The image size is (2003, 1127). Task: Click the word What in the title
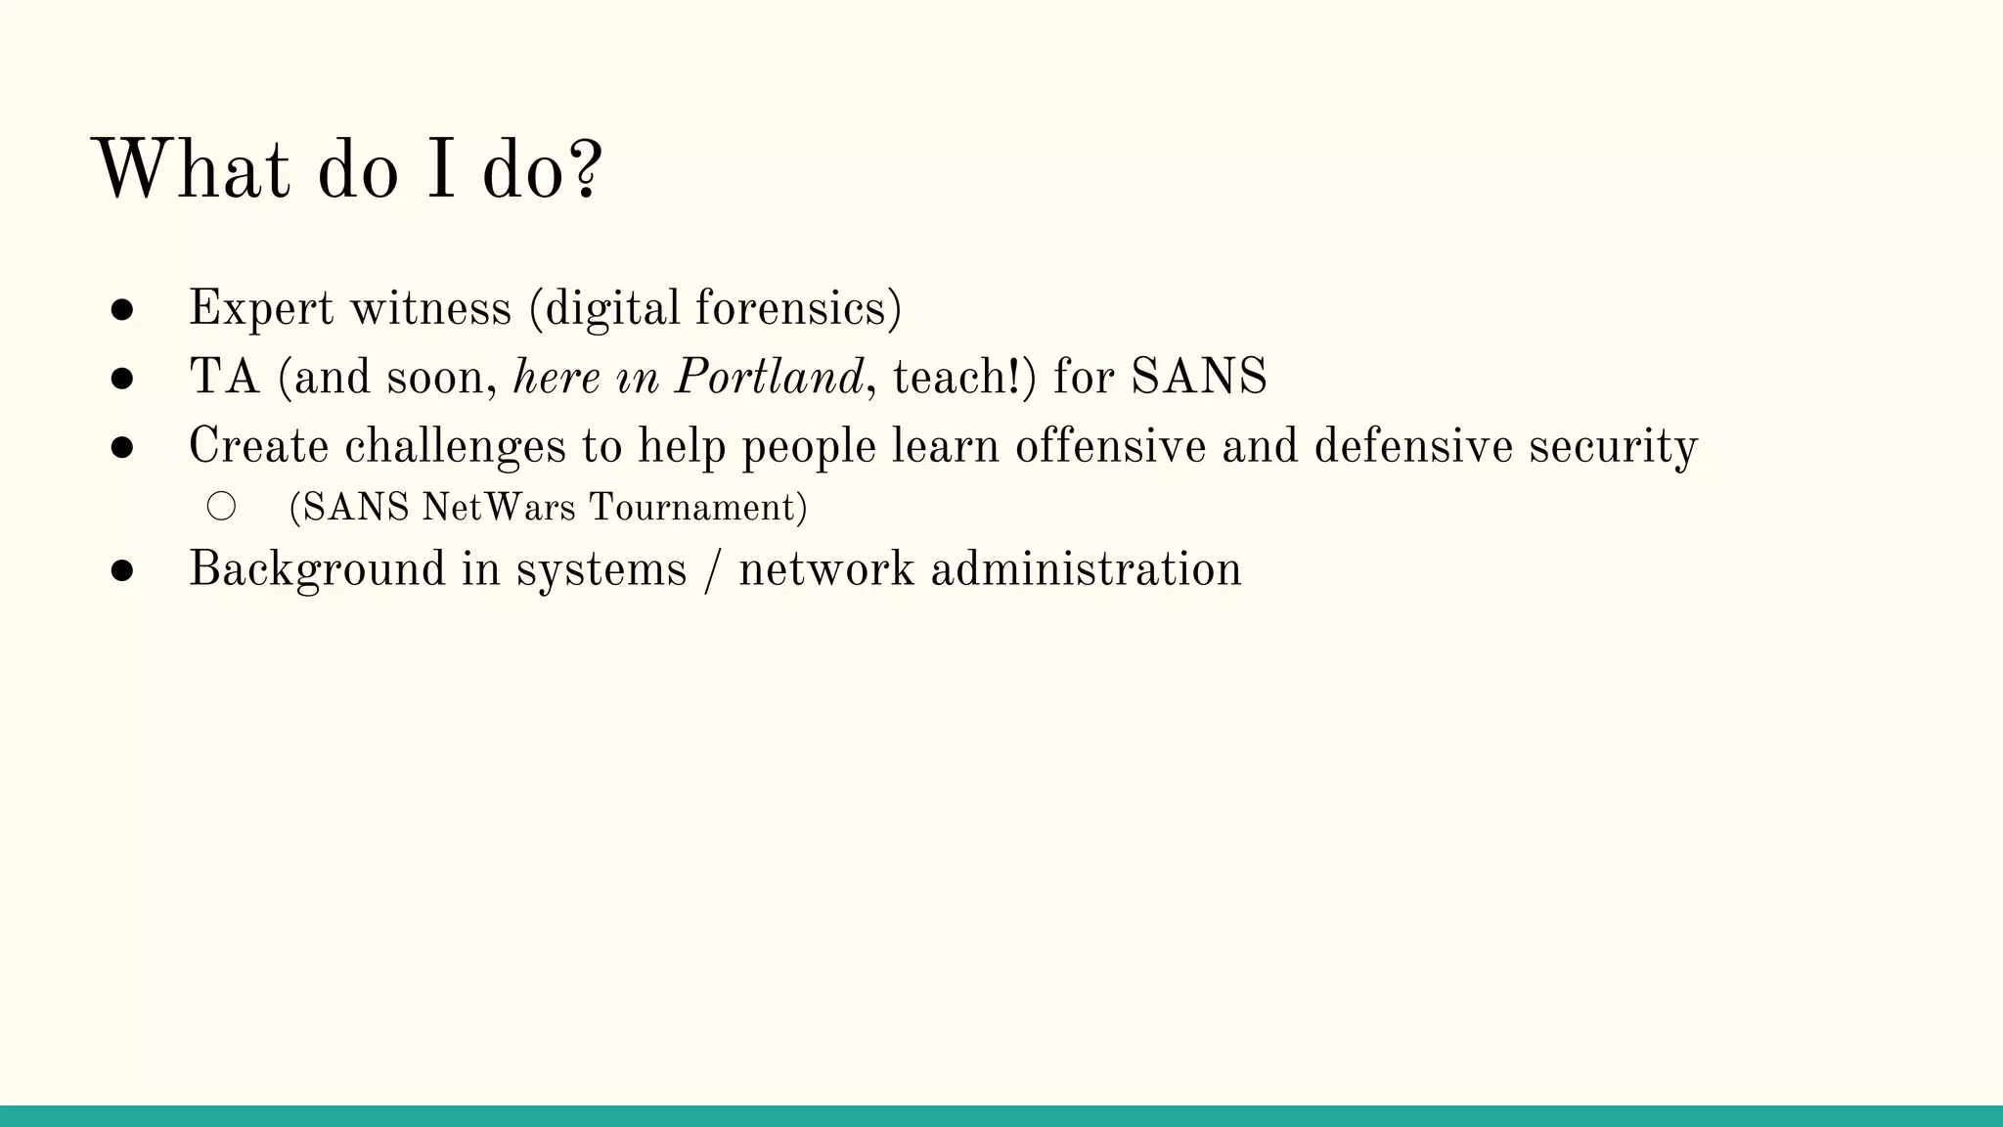click(192, 170)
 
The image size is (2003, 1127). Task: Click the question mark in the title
click(585, 170)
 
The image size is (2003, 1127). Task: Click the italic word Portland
click(769, 378)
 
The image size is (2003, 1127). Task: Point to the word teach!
click(964, 378)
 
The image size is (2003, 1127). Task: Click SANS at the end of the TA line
click(1199, 378)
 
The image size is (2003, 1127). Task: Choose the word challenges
click(455, 447)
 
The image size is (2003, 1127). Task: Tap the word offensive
click(1110, 447)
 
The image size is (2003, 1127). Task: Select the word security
click(1614, 447)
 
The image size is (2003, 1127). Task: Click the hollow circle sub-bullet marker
click(221, 507)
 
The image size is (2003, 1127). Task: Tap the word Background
click(317, 570)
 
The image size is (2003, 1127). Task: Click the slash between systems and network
click(712, 570)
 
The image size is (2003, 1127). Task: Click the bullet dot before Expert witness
click(122, 310)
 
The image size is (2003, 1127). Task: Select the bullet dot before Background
click(122, 571)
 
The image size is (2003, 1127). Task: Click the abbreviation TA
click(225, 378)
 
